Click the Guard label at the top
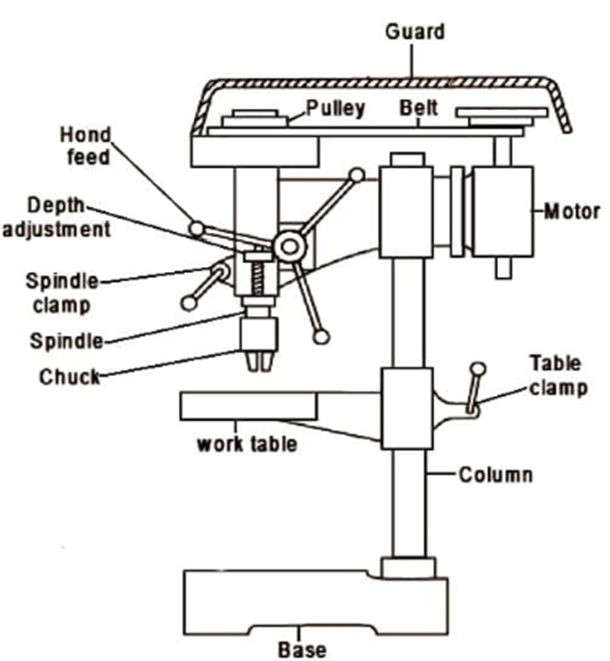click(x=415, y=32)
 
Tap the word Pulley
click(x=335, y=108)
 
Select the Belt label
click(x=418, y=108)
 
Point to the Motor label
click(x=572, y=211)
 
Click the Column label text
click(x=495, y=474)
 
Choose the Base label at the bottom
click(x=303, y=649)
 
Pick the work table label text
click(x=247, y=444)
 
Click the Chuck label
click(x=70, y=376)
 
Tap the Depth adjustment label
click(x=57, y=217)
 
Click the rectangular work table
click(x=249, y=406)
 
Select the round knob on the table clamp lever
click(x=478, y=369)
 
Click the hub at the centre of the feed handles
click(x=289, y=247)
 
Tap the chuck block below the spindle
click(x=259, y=334)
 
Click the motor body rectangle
click(x=503, y=211)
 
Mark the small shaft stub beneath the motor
click(x=503, y=268)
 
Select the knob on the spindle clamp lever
click(x=190, y=303)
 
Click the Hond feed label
click(x=85, y=146)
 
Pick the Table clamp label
click(x=558, y=375)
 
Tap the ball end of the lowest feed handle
click(x=321, y=337)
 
